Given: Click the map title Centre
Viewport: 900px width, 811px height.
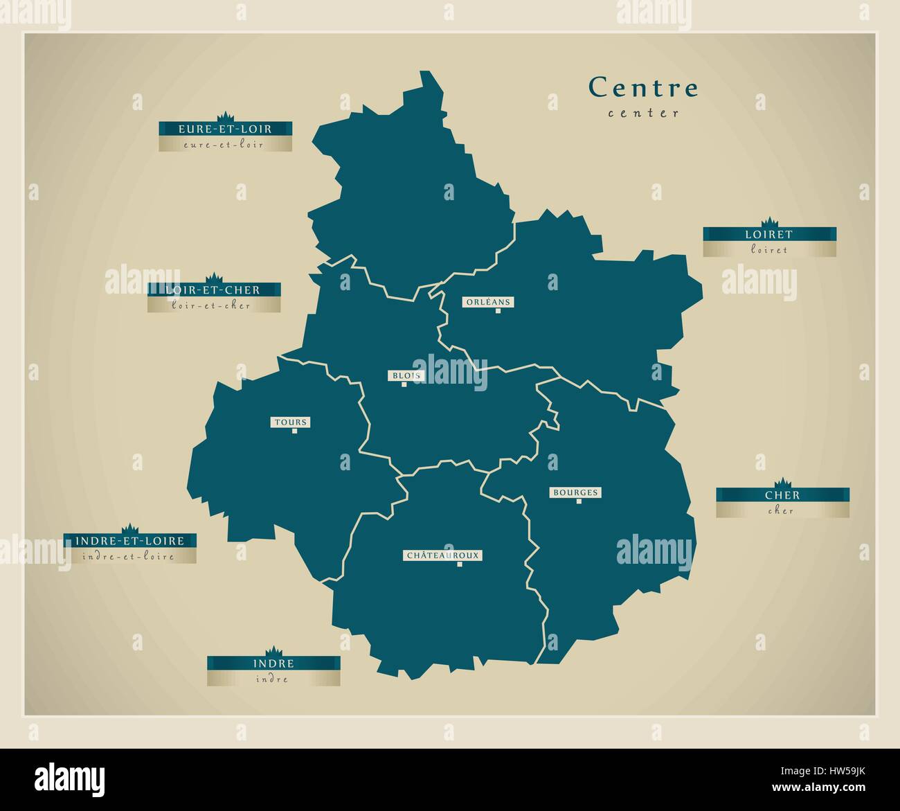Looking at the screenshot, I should point(643,88).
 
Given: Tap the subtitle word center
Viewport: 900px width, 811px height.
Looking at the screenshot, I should point(644,113).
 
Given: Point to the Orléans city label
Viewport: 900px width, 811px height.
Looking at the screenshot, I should point(488,302).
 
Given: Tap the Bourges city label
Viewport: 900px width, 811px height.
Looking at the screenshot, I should point(575,492).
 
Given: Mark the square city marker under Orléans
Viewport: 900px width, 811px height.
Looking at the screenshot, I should point(498,311).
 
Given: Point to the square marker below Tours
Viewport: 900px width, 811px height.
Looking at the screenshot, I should point(294,431).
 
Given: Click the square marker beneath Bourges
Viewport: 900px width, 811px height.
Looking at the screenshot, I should point(579,501).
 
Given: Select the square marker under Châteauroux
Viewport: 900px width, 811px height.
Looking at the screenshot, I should point(459,564).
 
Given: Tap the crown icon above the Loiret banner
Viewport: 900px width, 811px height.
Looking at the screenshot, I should point(769,222).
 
